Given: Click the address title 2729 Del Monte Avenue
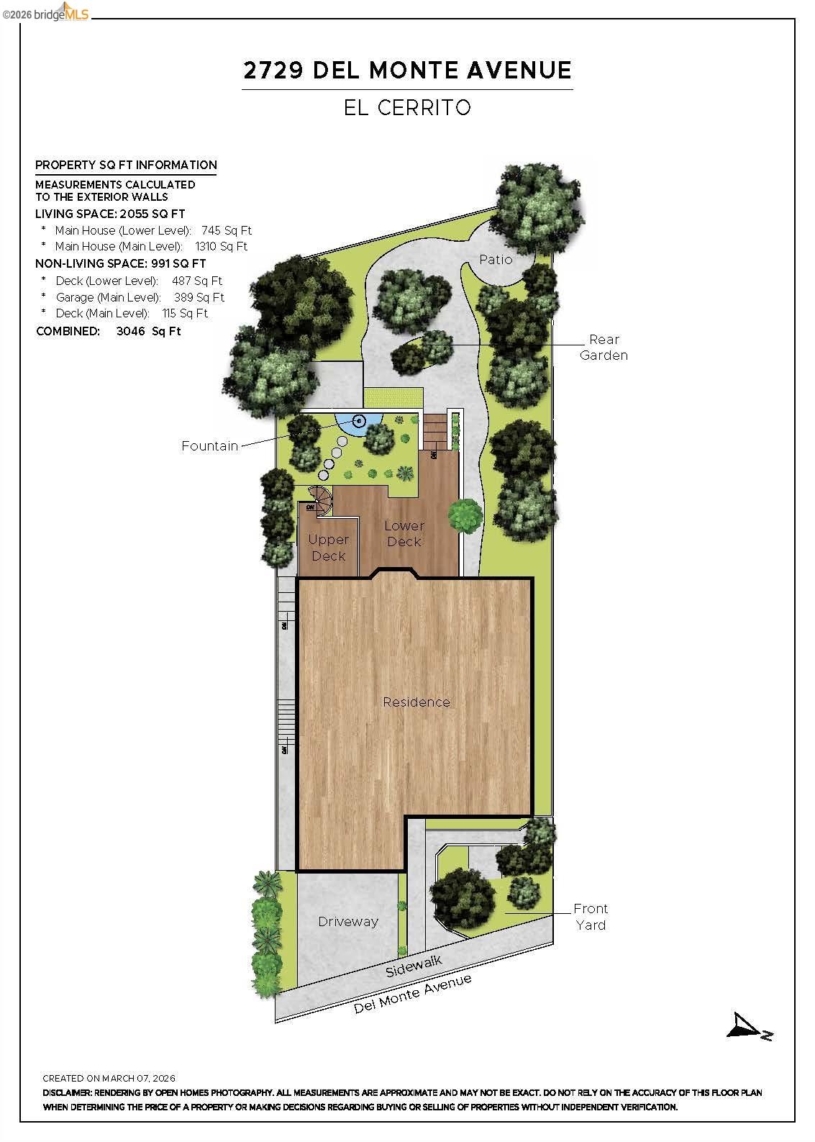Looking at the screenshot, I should [x=407, y=71].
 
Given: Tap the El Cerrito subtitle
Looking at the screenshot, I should [x=407, y=108].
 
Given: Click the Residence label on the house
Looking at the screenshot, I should [x=416, y=702].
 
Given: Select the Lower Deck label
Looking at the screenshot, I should [x=404, y=534].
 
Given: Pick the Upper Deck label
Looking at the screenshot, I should [x=328, y=548].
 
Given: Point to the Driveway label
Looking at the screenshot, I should [x=348, y=922].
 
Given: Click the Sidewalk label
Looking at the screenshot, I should [x=413, y=965].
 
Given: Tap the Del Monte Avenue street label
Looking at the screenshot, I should [x=412, y=994].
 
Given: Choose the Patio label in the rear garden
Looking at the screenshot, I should [x=496, y=260].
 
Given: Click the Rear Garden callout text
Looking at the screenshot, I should [x=604, y=347].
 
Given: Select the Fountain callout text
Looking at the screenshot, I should [x=209, y=446].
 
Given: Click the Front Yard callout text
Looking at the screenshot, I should [x=591, y=917].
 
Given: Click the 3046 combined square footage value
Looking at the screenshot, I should [x=130, y=332].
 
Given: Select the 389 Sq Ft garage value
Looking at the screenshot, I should [x=199, y=297].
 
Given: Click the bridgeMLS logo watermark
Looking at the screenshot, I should [x=46, y=13].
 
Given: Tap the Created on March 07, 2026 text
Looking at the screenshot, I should [x=109, y=1079].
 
